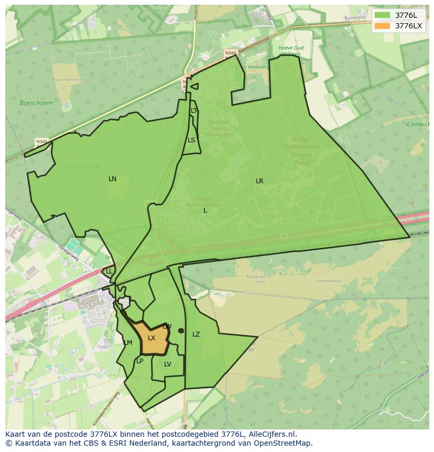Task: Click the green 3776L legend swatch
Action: point(383,15)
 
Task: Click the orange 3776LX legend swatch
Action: point(383,26)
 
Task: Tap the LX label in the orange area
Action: point(151,338)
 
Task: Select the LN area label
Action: point(112,179)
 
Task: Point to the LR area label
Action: point(259,181)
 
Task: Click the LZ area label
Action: point(196,334)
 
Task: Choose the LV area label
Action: point(168,364)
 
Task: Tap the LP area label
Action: point(140,361)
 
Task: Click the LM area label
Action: point(128,343)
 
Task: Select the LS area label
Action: point(191,140)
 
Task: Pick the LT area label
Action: point(194,111)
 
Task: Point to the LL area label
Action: point(109,271)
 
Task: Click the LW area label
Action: point(167,327)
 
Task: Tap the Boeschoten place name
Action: point(36,103)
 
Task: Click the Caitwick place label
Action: point(418,124)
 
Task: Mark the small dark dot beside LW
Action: point(181,331)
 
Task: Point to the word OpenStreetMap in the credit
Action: point(286,443)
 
